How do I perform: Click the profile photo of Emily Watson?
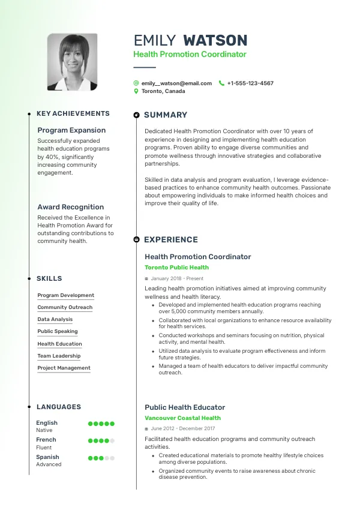pos(72,62)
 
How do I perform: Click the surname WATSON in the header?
pos(215,41)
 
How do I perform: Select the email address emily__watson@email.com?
pos(176,83)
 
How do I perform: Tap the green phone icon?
pos(221,83)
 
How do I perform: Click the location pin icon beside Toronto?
pos(136,91)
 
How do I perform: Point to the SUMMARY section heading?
pos(166,115)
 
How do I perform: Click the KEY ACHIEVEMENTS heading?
pos(73,113)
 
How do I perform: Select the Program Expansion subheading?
pos(71,130)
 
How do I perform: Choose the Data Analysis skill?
pos(55,320)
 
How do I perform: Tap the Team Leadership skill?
pos(59,356)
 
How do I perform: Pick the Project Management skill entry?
pos(64,368)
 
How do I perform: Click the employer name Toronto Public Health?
pos(176,268)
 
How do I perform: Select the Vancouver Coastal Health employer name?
pos(182,418)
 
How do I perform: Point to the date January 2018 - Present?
pos(177,279)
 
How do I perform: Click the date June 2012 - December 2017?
pos(183,429)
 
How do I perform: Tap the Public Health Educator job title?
pos(185,407)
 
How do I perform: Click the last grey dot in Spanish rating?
pos(112,458)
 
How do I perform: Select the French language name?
pos(46,440)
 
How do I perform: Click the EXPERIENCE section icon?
pos(137,239)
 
